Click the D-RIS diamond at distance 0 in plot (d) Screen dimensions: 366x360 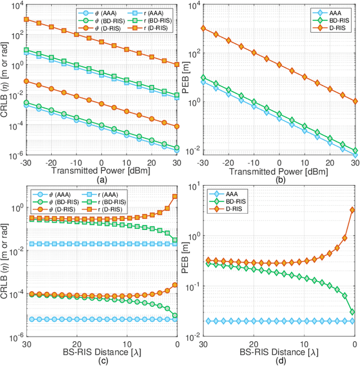[352, 210]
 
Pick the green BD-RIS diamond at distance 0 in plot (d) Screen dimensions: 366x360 [352, 311]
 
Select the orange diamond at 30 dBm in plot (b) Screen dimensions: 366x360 [354, 101]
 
